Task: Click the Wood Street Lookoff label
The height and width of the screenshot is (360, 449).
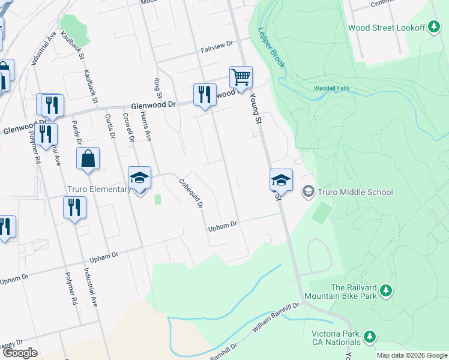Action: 385,28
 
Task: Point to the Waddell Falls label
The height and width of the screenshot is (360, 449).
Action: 331,89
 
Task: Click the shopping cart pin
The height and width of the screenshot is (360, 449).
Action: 241,77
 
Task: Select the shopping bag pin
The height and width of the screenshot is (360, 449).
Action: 88,159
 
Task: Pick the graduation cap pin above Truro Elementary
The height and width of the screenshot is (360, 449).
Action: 139,178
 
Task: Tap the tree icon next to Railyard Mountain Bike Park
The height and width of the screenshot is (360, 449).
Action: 387,292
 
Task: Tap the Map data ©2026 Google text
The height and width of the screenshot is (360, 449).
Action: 411,355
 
